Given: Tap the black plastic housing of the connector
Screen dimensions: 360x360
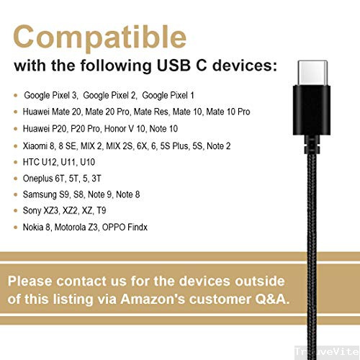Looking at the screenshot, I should point(310,112).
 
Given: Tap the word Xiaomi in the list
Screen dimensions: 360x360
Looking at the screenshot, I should point(36,146).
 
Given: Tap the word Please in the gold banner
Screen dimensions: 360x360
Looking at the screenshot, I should point(37,281).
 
